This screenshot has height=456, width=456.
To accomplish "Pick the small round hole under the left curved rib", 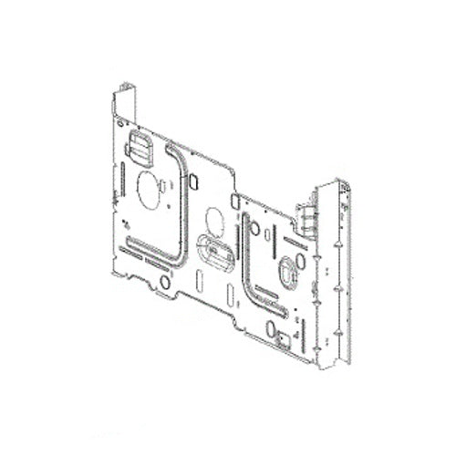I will (x=165, y=282).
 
